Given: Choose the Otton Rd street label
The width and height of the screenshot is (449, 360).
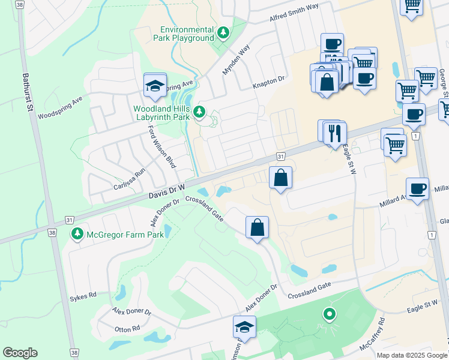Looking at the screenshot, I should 127,328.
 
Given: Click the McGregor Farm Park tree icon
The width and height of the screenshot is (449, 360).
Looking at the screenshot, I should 77,233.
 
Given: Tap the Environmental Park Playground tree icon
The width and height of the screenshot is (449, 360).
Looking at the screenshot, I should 223,32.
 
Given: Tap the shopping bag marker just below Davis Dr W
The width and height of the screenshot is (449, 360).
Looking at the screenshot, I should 280,178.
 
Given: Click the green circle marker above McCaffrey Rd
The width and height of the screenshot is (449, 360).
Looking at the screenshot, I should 328,314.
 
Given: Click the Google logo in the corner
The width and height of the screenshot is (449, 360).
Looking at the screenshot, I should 20,353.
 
